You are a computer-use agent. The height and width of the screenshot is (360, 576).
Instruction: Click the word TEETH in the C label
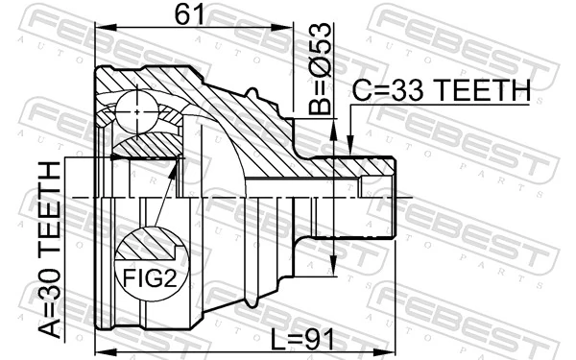pos(482,90)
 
